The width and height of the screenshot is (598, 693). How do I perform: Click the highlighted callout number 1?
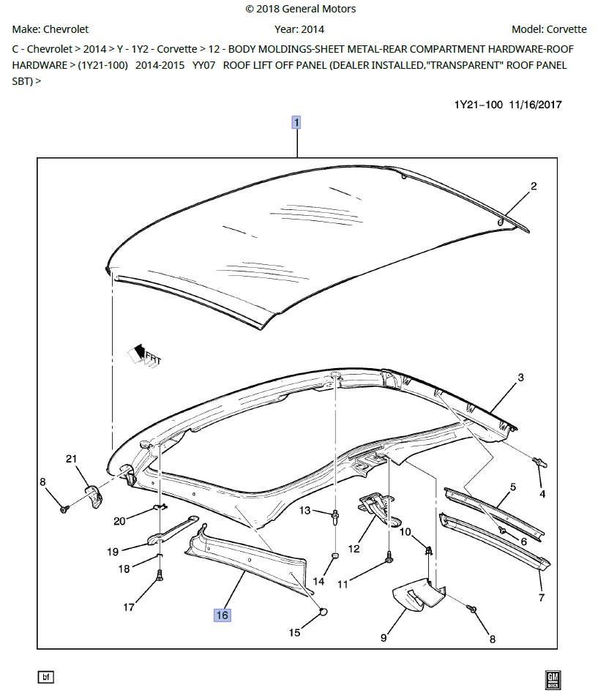coord(296,122)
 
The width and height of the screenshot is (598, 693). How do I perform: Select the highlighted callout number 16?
coord(222,615)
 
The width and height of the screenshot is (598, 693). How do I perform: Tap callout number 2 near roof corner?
coord(534,187)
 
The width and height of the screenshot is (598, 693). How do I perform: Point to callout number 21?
coord(71,459)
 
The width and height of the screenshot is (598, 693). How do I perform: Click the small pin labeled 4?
coord(539,462)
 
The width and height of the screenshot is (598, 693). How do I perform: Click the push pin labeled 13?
coord(334,516)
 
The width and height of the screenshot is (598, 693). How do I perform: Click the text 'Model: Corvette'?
coord(548,29)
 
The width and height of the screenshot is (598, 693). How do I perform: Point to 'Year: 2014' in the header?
coord(299,29)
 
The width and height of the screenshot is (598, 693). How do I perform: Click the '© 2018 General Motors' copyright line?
coord(300,9)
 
